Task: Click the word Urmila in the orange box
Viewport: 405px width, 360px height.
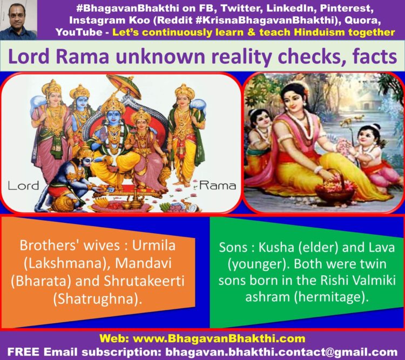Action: tap(154, 246)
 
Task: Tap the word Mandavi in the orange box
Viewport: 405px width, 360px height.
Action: tap(143, 263)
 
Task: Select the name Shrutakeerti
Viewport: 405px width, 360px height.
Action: tap(144, 281)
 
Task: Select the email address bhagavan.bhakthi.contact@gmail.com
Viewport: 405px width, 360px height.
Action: tap(281, 352)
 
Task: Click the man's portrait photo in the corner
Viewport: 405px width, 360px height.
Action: tap(18, 20)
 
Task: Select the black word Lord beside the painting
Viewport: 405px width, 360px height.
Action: tap(24, 186)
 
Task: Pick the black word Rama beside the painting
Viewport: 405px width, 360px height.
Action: tap(218, 186)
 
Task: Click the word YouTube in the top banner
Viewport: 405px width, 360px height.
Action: tap(79, 32)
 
